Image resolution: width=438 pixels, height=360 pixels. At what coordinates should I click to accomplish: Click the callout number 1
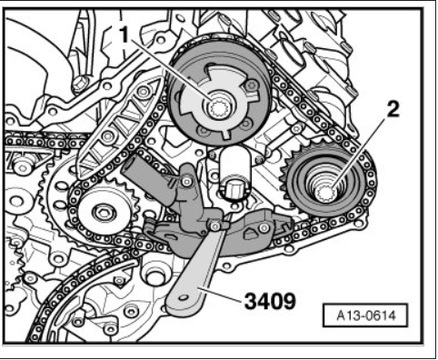pos(124,35)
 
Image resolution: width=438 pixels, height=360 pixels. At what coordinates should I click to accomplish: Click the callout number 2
pos(393,109)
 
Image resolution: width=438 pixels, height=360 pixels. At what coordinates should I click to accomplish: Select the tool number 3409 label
pos(270,302)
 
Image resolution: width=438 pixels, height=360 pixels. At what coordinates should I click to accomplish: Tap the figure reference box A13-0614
pos(366,315)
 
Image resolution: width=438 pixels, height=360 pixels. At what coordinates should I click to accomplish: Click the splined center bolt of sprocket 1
pos(219,108)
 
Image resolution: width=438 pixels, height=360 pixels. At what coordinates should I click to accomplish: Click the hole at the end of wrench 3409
pos(182,297)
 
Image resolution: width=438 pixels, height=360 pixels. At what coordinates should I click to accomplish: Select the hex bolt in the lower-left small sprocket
pos(104,213)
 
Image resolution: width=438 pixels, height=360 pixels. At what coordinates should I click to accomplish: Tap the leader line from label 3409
pos(221,293)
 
